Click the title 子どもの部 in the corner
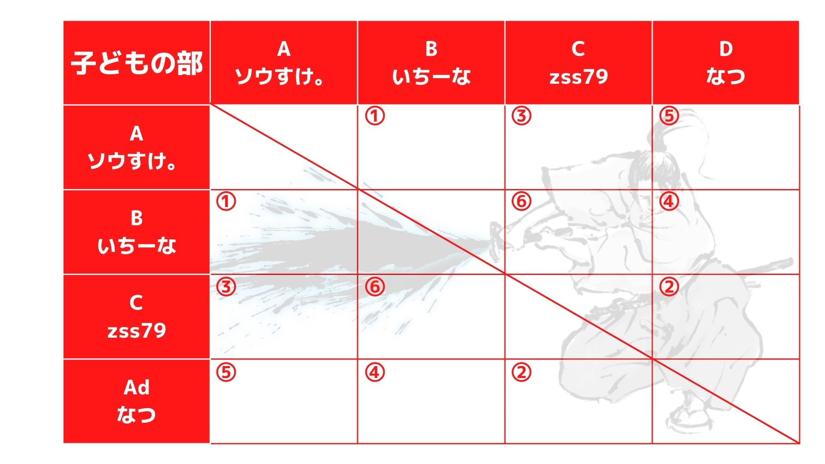point(137,63)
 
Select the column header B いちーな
point(431,63)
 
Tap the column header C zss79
point(578,63)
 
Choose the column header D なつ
point(726,63)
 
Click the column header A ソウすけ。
point(284,63)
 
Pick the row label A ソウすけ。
point(136,147)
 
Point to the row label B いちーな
point(136,232)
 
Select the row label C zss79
point(136,317)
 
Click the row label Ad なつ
point(136,401)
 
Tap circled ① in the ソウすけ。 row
point(375,116)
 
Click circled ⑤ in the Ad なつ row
point(226,372)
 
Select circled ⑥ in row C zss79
point(375,287)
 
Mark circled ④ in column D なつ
point(669,201)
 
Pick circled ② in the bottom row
point(522,372)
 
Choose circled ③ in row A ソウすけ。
point(522,116)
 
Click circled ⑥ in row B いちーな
point(522,201)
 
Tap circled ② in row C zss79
point(669,287)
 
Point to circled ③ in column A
point(226,287)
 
